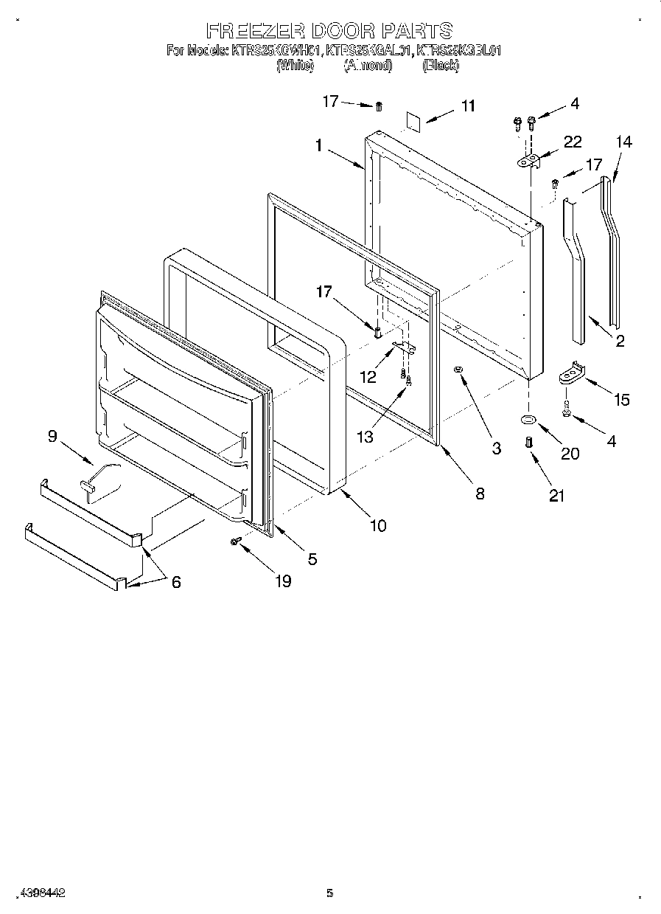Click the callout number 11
pyautogui.click(x=468, y=106)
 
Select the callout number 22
pyautogui.click(x=572, y=142)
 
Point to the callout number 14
pyautogui.click(x=623, y=142)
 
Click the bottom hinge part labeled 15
pyautogui.click(x=571, y=373)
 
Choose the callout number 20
pyautogui.click(x=570, y=454)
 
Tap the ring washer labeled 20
pyautogui.click(x=528, y=420)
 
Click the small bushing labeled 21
pyautogui.click(x=528, y=443)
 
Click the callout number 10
pyautogui.click(x=377, y=526)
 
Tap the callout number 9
pyautogui.click(x=52, y=436)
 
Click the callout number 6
pyautogui.click(x=175, y=581)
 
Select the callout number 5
pyautogui.click(x=312, y=559)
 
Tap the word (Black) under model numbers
pyautogui.click(x=440, y=66)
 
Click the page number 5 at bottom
pyautogui.click(x=330, y=893)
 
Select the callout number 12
pyautogui.click(x=367, y=377)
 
